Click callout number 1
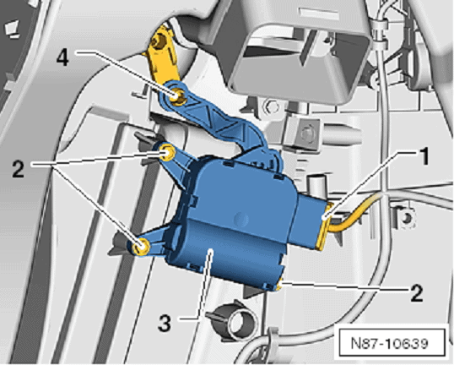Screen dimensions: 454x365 click(424, 156)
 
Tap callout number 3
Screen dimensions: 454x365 click(165, 323)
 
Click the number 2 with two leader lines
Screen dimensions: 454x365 click(18, 169)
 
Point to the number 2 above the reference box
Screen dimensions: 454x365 click(417, 292)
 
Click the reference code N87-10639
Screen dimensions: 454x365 click(389, 343)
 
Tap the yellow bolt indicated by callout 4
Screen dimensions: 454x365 click(176, 95)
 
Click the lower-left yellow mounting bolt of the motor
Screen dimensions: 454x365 click(141, 247)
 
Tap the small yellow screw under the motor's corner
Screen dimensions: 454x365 click(278, 286)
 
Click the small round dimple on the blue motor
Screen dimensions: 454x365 click(241, 218)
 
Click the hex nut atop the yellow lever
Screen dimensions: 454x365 click(159, 41)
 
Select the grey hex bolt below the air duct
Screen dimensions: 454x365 click(270, 107)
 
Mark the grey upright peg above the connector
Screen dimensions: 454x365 click(317, 186)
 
